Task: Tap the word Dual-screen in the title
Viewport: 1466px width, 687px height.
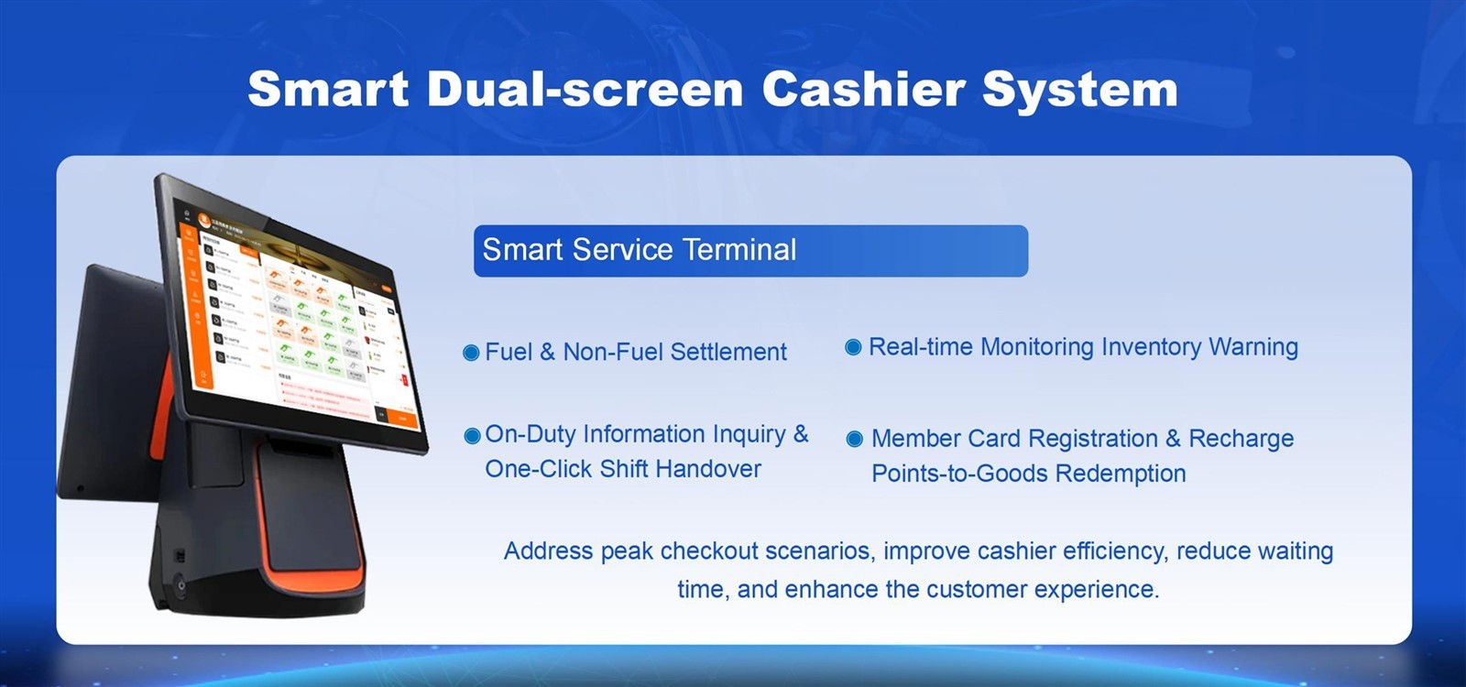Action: (585, 90)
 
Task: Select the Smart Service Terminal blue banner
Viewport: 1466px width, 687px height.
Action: (749, 250)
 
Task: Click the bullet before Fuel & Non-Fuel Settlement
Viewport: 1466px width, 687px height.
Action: (471, 353)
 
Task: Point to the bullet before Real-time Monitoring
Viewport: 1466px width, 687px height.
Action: (853, 347)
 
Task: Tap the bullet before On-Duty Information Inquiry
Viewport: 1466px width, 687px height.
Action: (472, 436)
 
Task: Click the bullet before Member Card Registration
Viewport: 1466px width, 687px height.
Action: (854, 439)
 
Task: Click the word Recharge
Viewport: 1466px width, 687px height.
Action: (1241, 439)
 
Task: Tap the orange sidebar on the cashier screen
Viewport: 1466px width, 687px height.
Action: (193, 302)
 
